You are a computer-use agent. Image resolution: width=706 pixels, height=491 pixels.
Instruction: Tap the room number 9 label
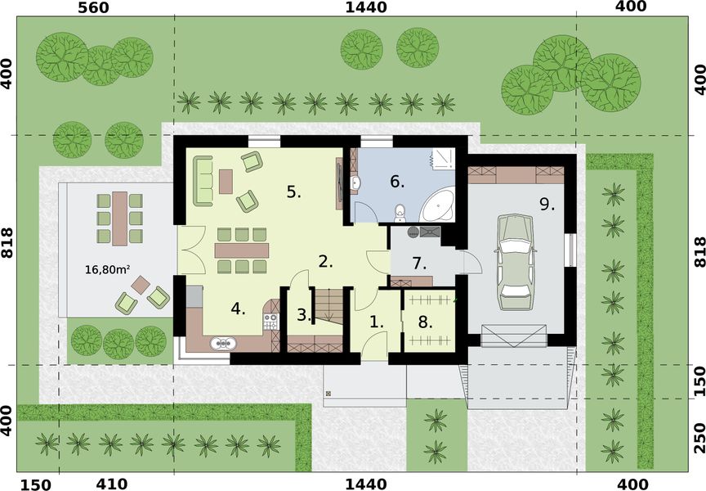coord(547,204)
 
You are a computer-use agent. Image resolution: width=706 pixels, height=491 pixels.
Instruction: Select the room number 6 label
coord(397,181)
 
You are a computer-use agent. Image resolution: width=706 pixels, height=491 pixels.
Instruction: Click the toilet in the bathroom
coord(399,214)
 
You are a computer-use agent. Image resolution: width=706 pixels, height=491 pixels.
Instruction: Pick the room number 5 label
coord(294,192)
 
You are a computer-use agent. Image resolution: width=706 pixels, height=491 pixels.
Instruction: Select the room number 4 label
coord(238,309)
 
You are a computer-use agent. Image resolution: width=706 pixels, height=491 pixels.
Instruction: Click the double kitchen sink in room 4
coord(221,344)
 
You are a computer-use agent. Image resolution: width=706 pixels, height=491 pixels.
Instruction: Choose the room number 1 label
coord(377,322)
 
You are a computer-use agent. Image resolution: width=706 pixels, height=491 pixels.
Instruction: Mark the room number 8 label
coord(425,322)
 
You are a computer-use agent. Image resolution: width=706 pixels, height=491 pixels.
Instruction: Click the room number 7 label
coord(419,264)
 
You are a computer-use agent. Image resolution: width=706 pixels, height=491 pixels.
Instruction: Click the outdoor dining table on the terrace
coord(119,218)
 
